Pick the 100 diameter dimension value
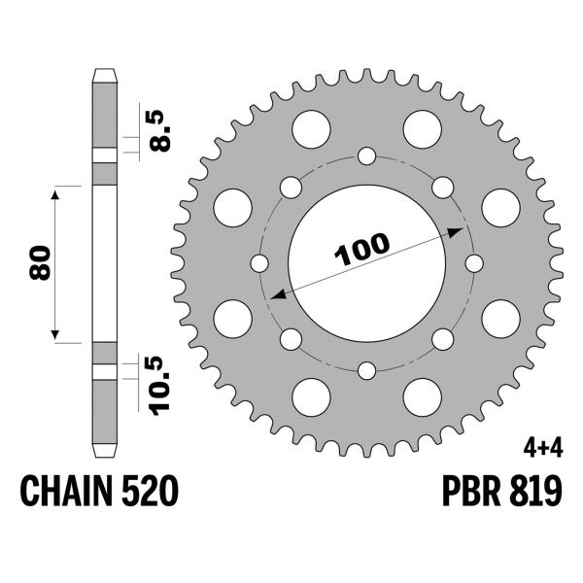coord(360,251)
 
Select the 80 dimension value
coord(40,263)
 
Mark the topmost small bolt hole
coord(366,155)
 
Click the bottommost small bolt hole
coord(366,370)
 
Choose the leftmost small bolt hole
coord(259,263)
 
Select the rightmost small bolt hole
coord(474,263)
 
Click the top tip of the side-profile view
coord(104,71)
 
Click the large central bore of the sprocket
coord(366,291)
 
